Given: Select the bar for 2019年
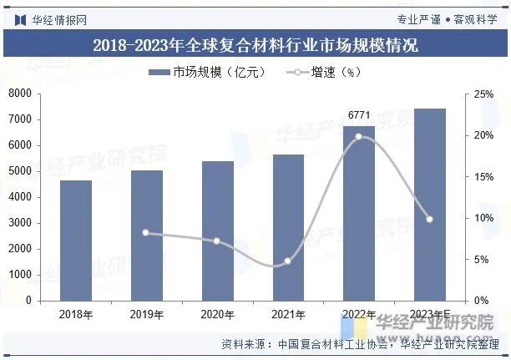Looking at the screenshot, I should (146, 236).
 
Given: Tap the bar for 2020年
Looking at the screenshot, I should (217, 231).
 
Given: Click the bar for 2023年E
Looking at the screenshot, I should (429, 205).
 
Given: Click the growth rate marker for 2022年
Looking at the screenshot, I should (359, 136).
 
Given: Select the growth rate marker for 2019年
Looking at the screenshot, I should (146, 232).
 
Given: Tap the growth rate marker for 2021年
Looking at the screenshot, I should (288, 261).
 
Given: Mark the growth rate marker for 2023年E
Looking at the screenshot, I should (429, 220).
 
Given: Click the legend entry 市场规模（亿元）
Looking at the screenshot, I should (207, 73).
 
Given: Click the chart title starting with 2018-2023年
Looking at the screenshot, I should (255, 45).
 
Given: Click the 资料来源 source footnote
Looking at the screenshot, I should (359, 343).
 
